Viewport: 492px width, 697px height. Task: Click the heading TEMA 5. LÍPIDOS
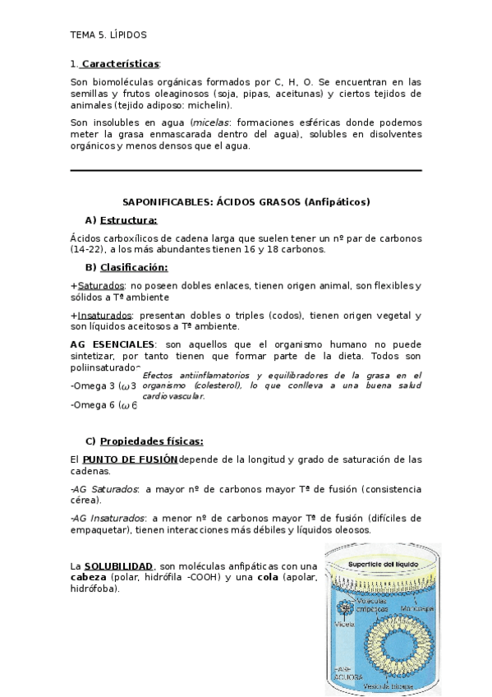[108, 35]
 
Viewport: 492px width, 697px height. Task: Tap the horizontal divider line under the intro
[246, 171]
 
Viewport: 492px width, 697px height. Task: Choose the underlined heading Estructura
[128, 219]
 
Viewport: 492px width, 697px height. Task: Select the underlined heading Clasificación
[134, 267]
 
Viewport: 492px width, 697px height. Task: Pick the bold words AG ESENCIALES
[113, 343]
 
